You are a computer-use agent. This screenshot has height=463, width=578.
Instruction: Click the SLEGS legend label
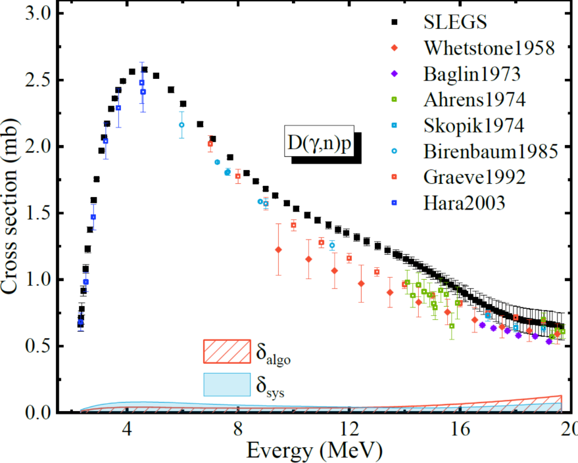[455, 22]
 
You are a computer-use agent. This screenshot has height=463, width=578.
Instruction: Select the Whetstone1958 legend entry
[489, 48]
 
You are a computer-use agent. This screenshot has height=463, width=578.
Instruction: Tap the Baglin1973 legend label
[472, 74]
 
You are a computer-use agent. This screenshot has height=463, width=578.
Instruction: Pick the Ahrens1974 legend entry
[474, 100]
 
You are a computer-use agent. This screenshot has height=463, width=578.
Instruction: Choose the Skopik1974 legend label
[473, 125]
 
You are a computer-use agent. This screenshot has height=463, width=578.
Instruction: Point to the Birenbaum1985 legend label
[491, 151]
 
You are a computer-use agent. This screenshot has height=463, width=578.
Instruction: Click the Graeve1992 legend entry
[474, 177]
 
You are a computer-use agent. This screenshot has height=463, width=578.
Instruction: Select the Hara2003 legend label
[464, 203]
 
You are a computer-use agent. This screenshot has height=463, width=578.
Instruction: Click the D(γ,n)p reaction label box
[319, 141]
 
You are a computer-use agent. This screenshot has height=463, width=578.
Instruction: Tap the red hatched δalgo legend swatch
[227, 351]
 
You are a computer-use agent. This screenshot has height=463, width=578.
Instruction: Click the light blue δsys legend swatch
[227, 385]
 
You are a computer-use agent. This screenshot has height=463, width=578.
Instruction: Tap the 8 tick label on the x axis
[238, 428]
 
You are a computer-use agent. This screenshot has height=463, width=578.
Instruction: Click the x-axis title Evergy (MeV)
[314, 451]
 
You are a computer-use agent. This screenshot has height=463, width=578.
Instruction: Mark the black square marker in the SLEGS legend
[395, 22]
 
